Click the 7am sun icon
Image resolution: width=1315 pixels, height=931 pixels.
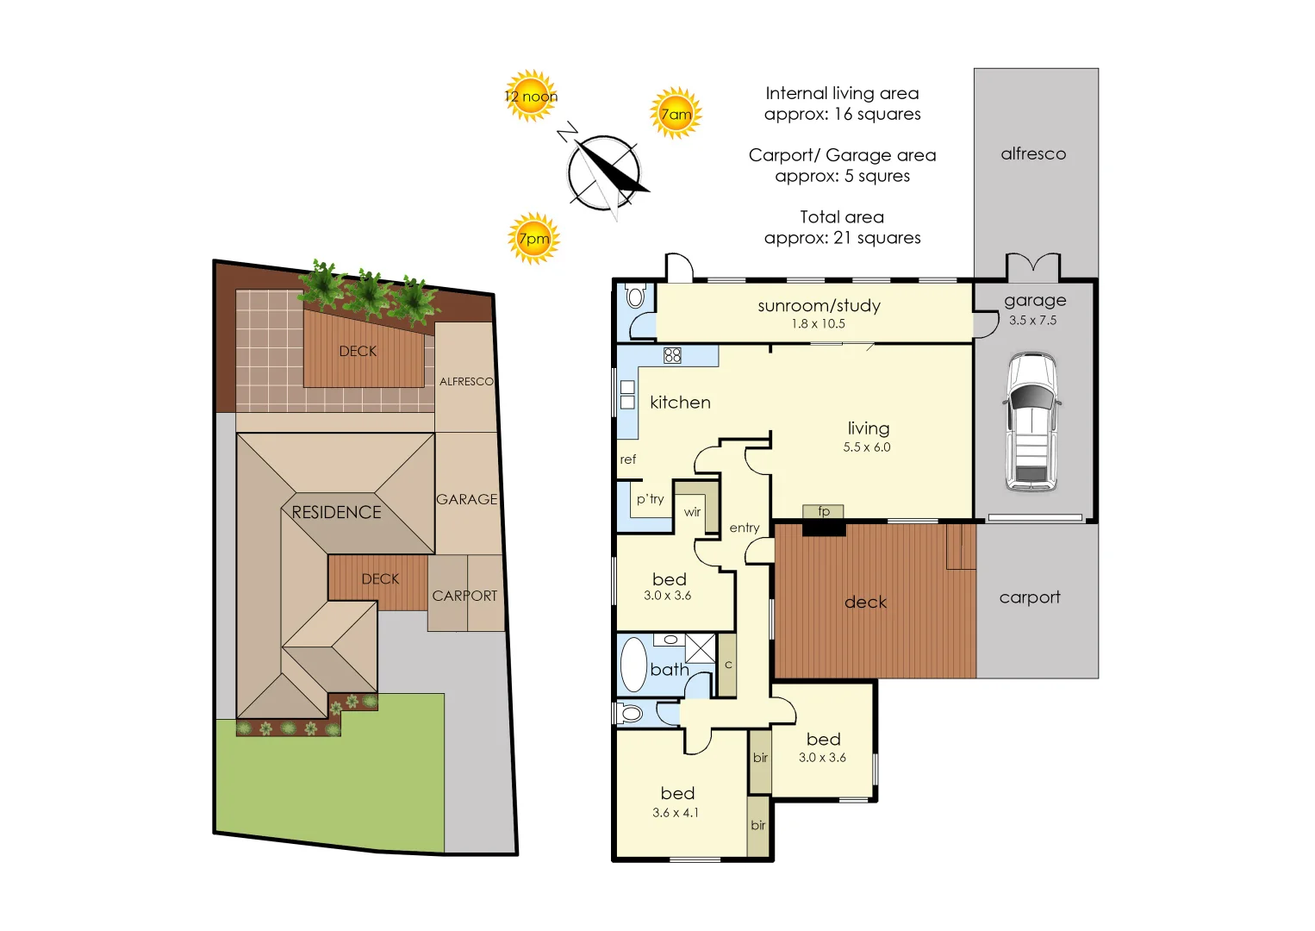(x=676, y=114)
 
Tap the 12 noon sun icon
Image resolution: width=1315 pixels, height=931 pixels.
(x=531, y=96)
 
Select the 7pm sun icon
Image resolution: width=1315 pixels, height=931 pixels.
(x=533, y=239)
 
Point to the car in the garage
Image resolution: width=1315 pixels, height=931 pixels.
(x=1032, y=422)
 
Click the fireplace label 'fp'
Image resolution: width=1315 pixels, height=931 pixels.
(x=824, y=511)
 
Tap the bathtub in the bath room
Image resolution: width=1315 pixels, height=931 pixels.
(x=633, y=665)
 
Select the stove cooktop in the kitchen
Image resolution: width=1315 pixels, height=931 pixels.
(x=672, y=355)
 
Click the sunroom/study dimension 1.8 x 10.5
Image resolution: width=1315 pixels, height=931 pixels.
(x=818, y=323)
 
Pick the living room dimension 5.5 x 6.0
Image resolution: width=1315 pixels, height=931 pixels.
(x=867, y=447)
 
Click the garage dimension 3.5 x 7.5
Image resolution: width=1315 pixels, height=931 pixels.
(x=1032, y=321)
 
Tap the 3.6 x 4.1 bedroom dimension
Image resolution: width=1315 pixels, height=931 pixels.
(x=675, y=813)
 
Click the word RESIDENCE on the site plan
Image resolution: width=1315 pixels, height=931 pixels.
(x=336, y=512)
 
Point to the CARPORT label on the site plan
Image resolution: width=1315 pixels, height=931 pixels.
(x=464, y=596)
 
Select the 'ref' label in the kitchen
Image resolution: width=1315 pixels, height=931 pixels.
(x=627, y=459)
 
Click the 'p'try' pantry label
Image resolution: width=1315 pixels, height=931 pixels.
(x=651, y=499)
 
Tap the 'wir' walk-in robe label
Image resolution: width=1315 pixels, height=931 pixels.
(x=692, y=512)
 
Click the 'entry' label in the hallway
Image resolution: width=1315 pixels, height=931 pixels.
(x=745, y=528)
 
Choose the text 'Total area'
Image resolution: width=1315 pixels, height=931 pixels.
(x=842, y=216)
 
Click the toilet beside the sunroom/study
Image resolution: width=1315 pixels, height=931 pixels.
(x=636, y=296)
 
